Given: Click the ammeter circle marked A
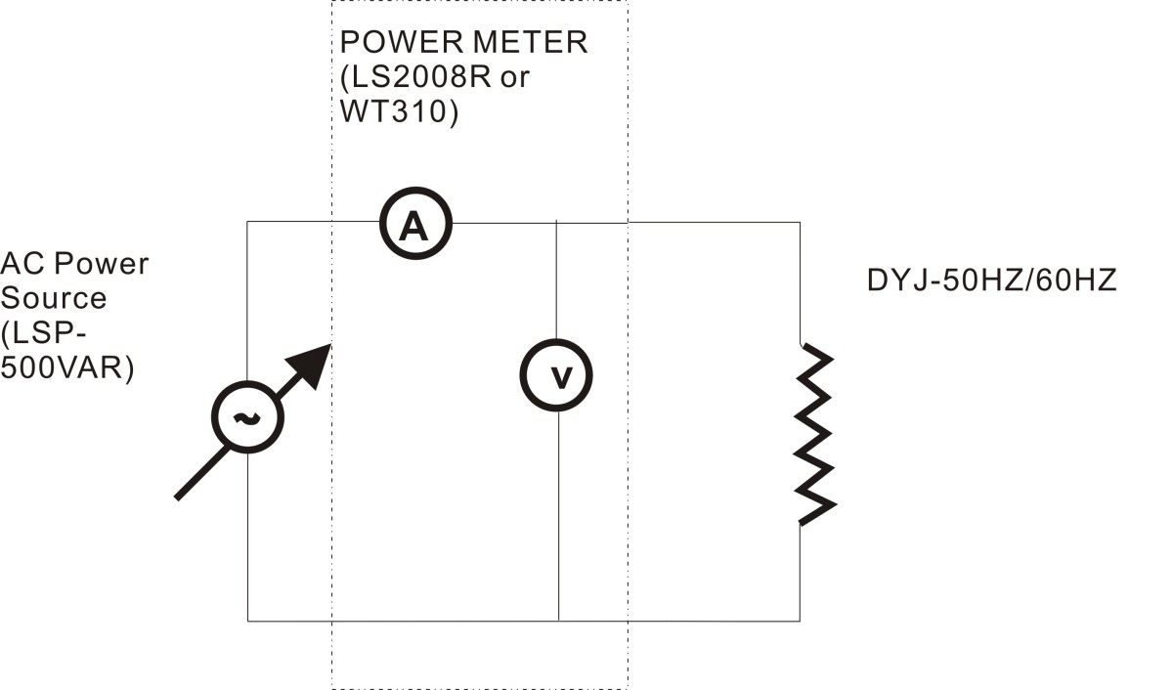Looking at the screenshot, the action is click(415, 190).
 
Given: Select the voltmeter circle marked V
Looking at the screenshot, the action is click(556, 341).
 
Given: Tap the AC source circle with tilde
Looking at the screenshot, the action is click(247, 383).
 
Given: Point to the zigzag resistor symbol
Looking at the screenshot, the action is click(815, 435).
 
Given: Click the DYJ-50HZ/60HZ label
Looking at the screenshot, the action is click(992, 280).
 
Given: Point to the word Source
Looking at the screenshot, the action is click(54, 298).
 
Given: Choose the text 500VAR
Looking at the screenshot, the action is click(62, 367).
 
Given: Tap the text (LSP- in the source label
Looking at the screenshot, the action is click(43, 333).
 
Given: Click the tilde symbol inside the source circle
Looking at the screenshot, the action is click(247, 417).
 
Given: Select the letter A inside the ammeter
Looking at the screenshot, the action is click(413, 226).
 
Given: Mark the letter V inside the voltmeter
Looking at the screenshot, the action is click(561, 378).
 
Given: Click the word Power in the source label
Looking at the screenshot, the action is click(101, 263).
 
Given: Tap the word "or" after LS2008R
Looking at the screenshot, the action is click(515, 78).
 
